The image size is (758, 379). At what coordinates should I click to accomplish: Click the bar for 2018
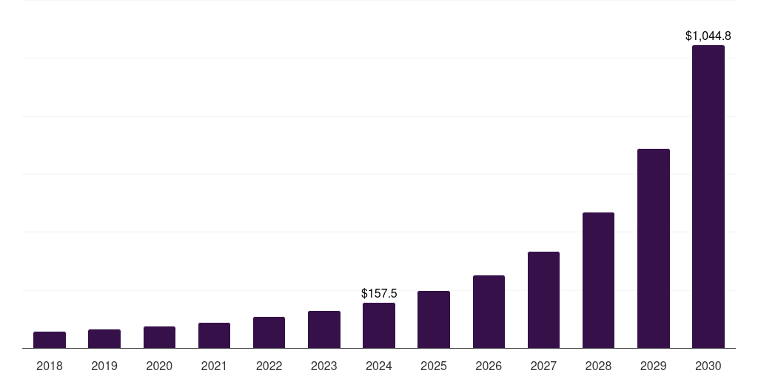click(50, 340)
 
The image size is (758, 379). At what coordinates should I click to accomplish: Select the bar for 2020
click(159, 338)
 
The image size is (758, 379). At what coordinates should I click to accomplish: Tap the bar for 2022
click(269, 332)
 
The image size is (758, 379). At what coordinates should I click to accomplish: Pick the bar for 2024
click(379, 326)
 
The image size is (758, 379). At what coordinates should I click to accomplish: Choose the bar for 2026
click(489, 312)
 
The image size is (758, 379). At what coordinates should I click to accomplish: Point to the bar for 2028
click(598, 281)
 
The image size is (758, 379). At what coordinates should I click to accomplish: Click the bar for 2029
click(653, 249)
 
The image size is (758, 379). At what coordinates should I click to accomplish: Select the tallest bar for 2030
click(708, 197)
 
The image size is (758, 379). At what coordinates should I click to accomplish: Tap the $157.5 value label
click(379, 294)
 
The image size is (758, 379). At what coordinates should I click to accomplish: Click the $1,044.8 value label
click(708, 36)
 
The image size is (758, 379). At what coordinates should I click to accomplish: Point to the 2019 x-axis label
click(104, 366)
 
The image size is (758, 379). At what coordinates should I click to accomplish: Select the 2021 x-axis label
click(214, 366)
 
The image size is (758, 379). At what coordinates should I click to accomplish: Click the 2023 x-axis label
click(324, 366)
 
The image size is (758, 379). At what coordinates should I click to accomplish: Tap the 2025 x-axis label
click(434, 366)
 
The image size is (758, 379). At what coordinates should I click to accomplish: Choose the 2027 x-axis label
click(543, 366)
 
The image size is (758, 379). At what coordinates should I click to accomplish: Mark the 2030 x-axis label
click(708, 366)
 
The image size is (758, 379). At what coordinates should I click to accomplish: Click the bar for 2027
click(543, 300)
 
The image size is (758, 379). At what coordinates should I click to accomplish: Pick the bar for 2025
click(434, 320)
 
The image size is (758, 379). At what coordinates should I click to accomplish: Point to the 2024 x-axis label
click(379, 366)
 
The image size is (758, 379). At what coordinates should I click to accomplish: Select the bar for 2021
click(214, 335)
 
